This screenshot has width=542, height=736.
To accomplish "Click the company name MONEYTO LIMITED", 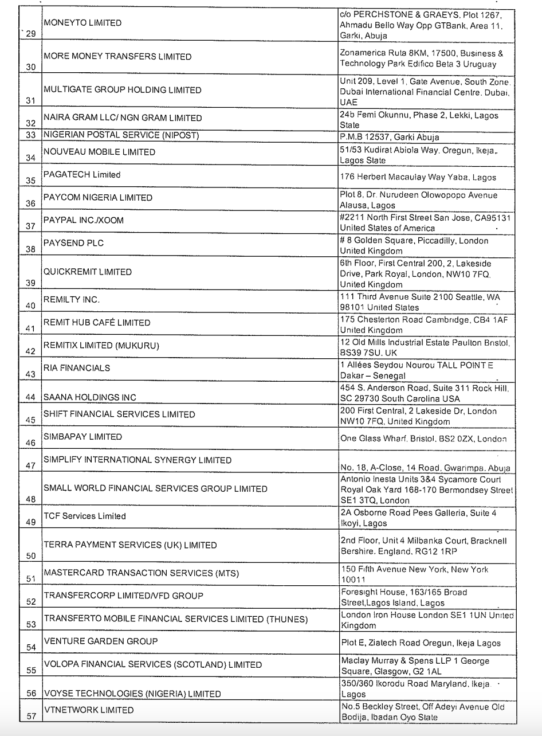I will (83, 23).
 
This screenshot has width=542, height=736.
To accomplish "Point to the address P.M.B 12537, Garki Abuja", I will (390, 137).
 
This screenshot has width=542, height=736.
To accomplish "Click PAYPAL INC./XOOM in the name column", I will (84, 220).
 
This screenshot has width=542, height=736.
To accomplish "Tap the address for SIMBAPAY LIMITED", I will (423, 439).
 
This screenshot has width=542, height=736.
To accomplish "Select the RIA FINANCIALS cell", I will (77, 368).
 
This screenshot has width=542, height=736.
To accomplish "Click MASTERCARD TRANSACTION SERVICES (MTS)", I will (141, 573).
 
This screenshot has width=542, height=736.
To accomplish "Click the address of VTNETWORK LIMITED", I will (422, 712).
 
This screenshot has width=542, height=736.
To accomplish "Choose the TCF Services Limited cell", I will (85, 516).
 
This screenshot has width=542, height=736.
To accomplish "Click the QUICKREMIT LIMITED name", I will (88, 272).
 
